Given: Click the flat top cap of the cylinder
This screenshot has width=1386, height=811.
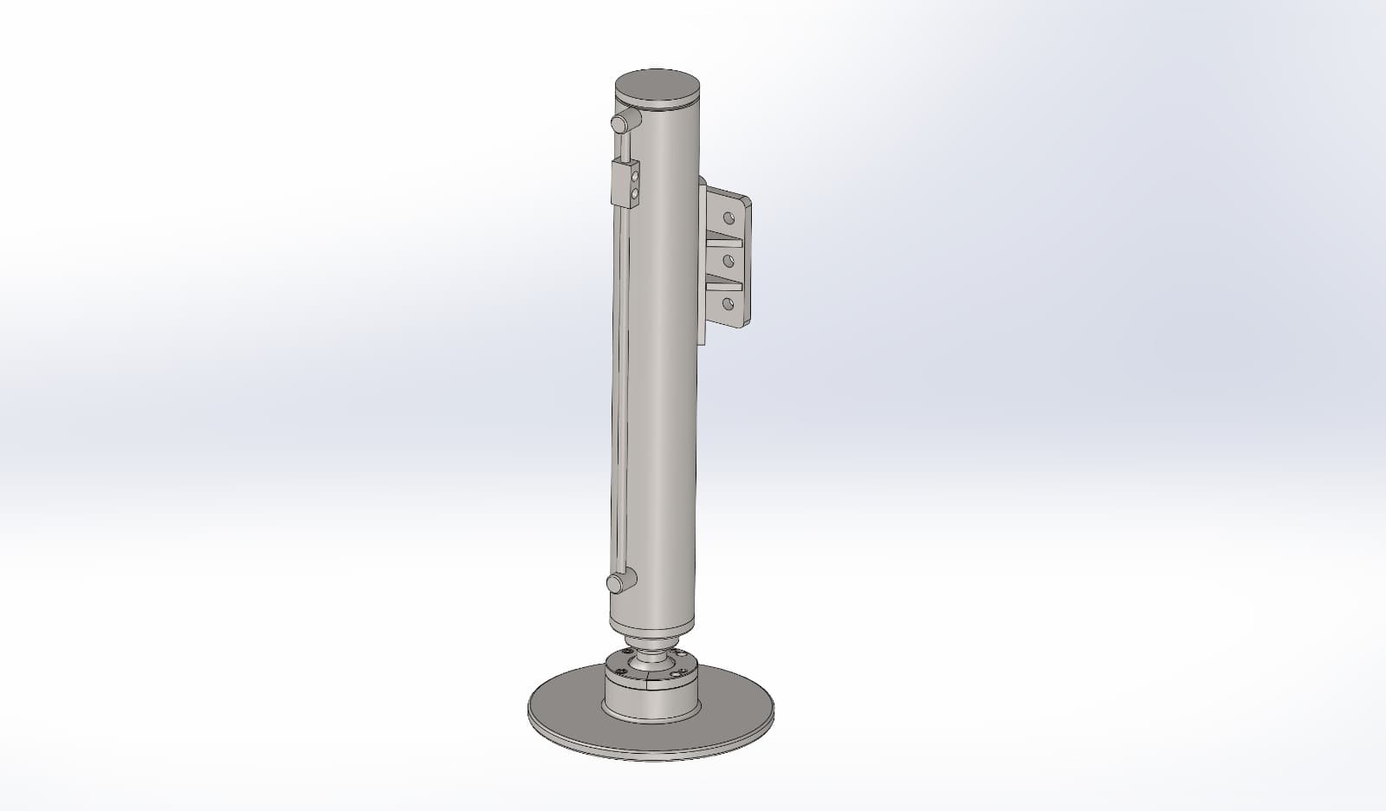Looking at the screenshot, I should click(657, 88).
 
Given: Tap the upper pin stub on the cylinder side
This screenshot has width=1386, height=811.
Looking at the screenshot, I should click(620, 123).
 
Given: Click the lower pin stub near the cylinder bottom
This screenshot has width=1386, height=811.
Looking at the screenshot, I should click(617, 584).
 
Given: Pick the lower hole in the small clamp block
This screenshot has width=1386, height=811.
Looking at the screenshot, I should click(634, 195).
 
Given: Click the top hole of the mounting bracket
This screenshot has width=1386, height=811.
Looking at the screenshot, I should click(728, 217).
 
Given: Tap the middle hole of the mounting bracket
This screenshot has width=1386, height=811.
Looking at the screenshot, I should click(728, 260).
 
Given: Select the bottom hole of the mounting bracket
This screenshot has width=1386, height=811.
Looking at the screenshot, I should click(728, 303).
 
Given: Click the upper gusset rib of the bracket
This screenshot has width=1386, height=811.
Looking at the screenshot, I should click(724, 240).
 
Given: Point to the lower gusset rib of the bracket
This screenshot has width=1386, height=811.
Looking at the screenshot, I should click(724, 282).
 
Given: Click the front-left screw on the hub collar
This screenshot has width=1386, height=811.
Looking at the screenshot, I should click(620, 672).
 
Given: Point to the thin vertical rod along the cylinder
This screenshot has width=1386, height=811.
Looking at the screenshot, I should click(617, 390).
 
